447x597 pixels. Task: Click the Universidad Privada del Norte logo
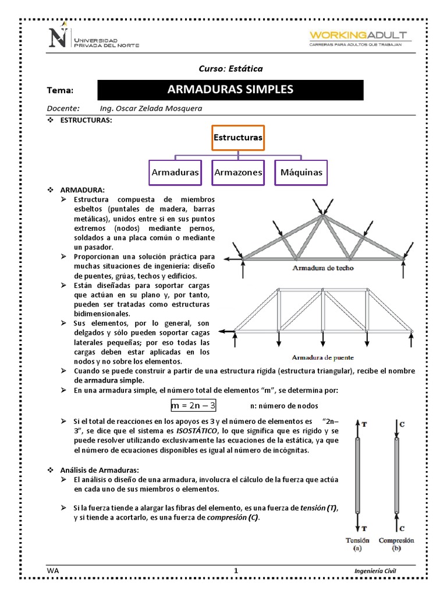click(96, 38)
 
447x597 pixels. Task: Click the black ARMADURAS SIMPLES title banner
click(230, 90)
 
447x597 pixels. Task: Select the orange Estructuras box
click(238, 138)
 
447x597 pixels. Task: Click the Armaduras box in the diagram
click(175, 173)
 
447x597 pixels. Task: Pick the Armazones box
click(238, 173)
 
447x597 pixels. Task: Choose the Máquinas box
click(301, 173)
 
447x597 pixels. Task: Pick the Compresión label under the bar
click(396, 540)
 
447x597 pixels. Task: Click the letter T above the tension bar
click(364, 424)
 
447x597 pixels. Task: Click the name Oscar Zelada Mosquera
click(160, 108)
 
